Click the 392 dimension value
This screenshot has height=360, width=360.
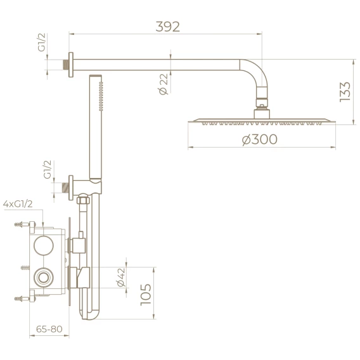pyautogui.click(x=167, y=27)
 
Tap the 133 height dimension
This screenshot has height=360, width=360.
pyautogui.click(x=345, y=91)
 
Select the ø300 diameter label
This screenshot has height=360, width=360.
pyautogui.click(x=260, y=139)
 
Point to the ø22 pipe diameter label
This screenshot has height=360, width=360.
pyautogui.click(x=164, y=84)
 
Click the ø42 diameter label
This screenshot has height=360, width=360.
pyautogui.click(x=121, y=278)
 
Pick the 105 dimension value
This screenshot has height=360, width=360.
pyautogui.click(x=146, y=295)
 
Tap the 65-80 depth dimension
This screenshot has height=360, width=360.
pyautogui.click(x=49, y=329)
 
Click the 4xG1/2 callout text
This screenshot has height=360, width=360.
pyautogui.click(x=18, y=204)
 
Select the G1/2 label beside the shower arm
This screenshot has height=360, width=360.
pyautogui.click(x=42, y=42)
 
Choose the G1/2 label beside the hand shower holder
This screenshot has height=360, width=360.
pyautogui.click(x=48, y=169)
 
